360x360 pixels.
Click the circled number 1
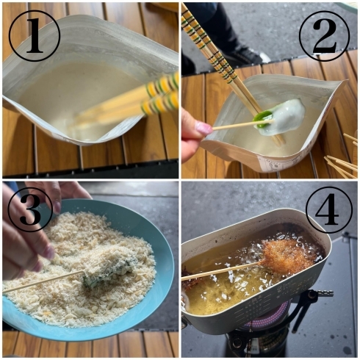(35, 36)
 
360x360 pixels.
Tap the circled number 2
(324, 36)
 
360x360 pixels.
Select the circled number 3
(30, 210)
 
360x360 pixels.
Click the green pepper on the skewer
(263, 119)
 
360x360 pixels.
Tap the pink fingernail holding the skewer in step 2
(203, 128)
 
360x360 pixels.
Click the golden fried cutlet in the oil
(287, 256)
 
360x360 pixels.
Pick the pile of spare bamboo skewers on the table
(343, 156)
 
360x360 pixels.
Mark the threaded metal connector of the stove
(325, 292)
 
